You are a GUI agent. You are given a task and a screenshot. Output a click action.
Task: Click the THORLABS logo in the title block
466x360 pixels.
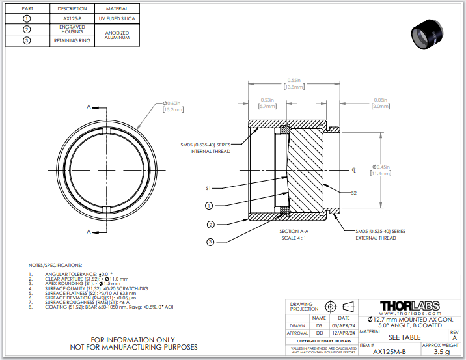click(x=409, y=305)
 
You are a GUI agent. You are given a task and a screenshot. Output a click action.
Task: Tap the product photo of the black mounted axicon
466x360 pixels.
click(x=430, y=33)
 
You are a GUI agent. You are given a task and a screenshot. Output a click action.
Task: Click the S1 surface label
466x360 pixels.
click(x=208, y=188)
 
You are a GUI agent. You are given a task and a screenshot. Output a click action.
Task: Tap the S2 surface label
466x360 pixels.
click(x=353, y=193)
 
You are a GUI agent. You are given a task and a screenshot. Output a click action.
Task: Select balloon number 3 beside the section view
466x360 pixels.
click(x=210, y=242)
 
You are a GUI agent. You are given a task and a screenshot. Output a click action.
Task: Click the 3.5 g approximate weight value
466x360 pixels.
click(x=441, y=352)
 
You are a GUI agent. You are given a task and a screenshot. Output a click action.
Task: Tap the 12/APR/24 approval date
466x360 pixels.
click(x=344, y=333)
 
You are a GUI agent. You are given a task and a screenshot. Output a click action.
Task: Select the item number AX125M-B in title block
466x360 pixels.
click(x=389, y=352)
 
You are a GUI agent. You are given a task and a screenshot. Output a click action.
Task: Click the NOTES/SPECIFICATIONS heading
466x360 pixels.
click(x=55, y=266)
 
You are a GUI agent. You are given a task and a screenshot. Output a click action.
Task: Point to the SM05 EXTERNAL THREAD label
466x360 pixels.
click(x=380, y=234)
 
